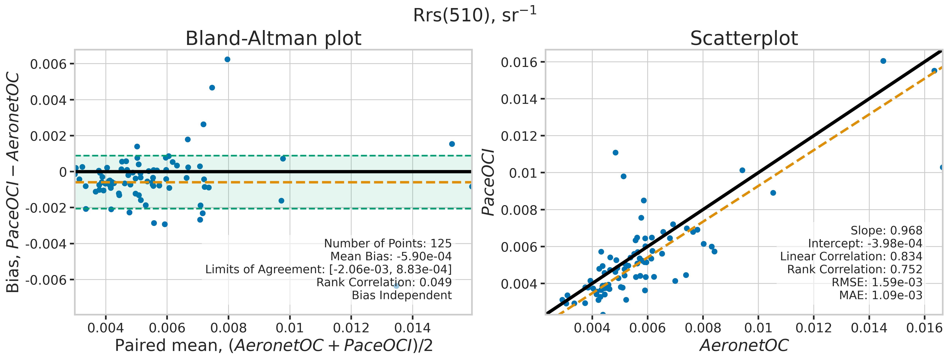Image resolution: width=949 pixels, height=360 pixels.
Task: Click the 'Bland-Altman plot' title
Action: point(273,38)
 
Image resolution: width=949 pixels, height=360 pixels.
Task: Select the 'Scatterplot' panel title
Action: point(744,38)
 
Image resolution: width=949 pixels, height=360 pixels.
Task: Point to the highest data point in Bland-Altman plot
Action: point(227,59)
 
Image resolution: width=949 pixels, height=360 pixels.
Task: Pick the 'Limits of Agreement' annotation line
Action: point(328,269)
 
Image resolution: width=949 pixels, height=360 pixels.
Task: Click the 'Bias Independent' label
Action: point(401,295)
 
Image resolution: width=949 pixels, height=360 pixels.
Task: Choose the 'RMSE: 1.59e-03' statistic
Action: point(877,282)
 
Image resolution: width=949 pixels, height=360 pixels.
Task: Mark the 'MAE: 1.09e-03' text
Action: point(880,295)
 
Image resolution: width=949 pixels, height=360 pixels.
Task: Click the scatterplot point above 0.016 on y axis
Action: point(883,61)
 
